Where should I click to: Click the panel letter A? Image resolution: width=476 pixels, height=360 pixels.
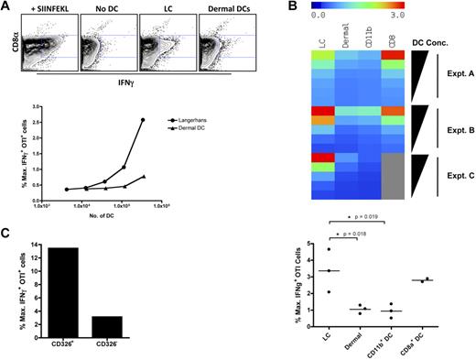click(6, 8)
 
